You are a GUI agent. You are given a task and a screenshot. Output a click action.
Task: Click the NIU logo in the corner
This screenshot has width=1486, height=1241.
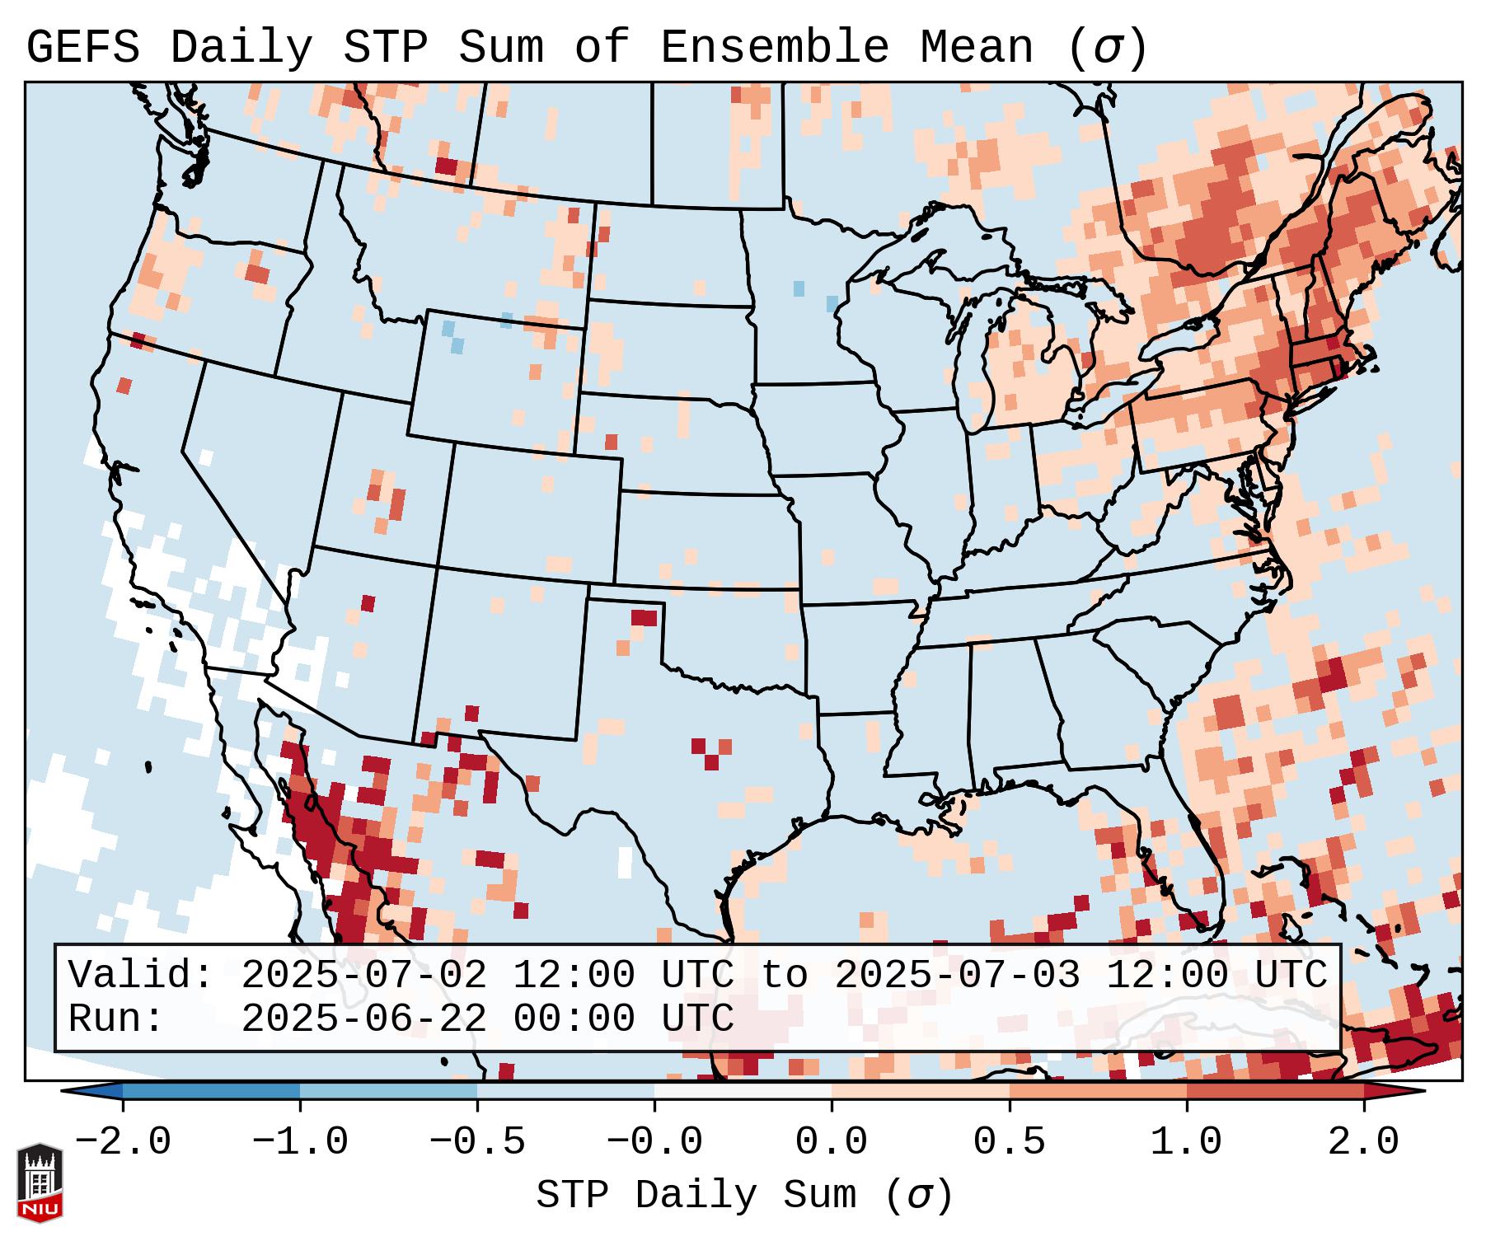(x=40, y=1182)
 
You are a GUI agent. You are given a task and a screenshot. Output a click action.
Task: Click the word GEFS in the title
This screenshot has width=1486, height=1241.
(x=82, y=48)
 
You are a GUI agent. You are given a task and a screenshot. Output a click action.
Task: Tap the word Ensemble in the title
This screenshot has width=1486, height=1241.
(x=774, y=48)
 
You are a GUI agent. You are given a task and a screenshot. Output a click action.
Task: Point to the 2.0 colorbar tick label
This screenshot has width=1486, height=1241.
(x=1363, y=1142)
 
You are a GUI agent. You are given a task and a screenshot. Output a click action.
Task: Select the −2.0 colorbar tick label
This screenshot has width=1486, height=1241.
(x=123, y=1142)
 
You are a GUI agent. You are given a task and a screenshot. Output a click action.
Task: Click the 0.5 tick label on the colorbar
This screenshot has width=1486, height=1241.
(x=1009, y=1142)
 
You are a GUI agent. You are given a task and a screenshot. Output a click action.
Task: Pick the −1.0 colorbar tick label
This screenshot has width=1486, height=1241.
(x=300, y=1142)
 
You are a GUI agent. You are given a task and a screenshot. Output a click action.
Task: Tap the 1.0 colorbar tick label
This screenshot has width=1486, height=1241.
(x=1186, y=1142)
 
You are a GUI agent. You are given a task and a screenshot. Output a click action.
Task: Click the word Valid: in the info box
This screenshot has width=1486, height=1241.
(x=141, y=976)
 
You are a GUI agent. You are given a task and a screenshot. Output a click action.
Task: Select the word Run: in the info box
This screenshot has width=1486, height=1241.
(x=116, y=1019)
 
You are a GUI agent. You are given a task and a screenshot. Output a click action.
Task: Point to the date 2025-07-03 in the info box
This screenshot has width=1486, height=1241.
(x=957, y=976)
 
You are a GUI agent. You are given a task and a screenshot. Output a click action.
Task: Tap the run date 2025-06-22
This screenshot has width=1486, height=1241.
(x=363, y=1019)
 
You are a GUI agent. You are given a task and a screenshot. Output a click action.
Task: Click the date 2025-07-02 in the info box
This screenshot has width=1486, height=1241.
(x=363, y=976)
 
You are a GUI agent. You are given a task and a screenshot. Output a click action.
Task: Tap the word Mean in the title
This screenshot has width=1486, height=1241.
(x=976, y=48)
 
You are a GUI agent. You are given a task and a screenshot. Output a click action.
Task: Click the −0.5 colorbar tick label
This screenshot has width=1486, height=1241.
(x=477, y=1142)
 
